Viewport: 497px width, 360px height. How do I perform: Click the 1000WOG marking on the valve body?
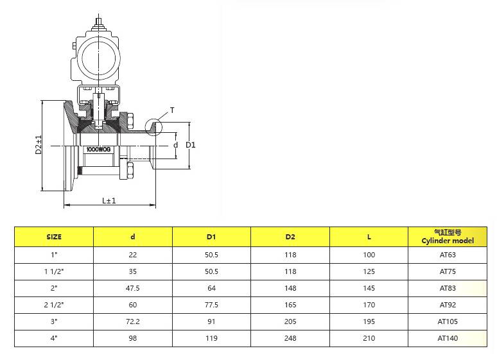(99, 150)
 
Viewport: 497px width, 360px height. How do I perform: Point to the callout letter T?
(172, 110)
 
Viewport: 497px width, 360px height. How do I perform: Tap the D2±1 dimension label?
(39, 145)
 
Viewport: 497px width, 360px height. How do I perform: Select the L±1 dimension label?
(109, 200)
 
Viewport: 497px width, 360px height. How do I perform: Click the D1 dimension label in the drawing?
(191, 145)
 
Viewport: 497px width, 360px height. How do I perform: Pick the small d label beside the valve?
(175, 145)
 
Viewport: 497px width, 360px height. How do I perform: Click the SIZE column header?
(54, 237)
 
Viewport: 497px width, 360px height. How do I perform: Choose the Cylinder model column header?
(448, 241)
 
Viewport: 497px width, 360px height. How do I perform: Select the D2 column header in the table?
(290, 237)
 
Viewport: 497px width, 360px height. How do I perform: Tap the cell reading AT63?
(448, 255)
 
